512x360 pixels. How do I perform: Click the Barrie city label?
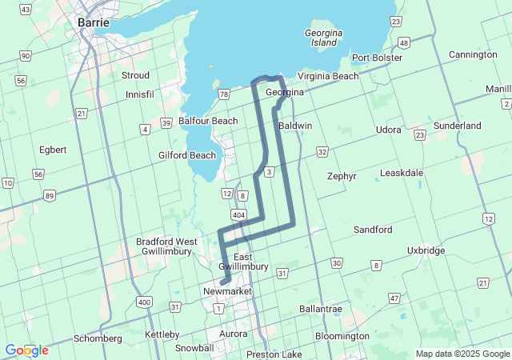(93, 22)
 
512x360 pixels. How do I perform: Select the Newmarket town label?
(227, 291)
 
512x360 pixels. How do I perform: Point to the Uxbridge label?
(426, 250)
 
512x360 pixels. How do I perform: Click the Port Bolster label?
(376, 58)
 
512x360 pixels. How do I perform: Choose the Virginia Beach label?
(328, 76)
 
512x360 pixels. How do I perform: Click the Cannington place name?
(472, 54)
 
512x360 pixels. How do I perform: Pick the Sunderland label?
(457, 126)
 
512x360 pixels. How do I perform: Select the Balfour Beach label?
(208, 121)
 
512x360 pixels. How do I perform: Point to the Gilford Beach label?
(187, 155)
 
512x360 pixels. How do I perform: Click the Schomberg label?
(98, 338)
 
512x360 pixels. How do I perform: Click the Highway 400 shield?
(144, 302)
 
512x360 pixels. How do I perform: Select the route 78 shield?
(224, 94)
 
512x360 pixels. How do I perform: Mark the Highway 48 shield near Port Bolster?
(404, 42)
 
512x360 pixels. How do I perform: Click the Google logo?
(26, 350)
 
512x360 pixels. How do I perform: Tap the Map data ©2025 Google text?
(462, 354)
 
